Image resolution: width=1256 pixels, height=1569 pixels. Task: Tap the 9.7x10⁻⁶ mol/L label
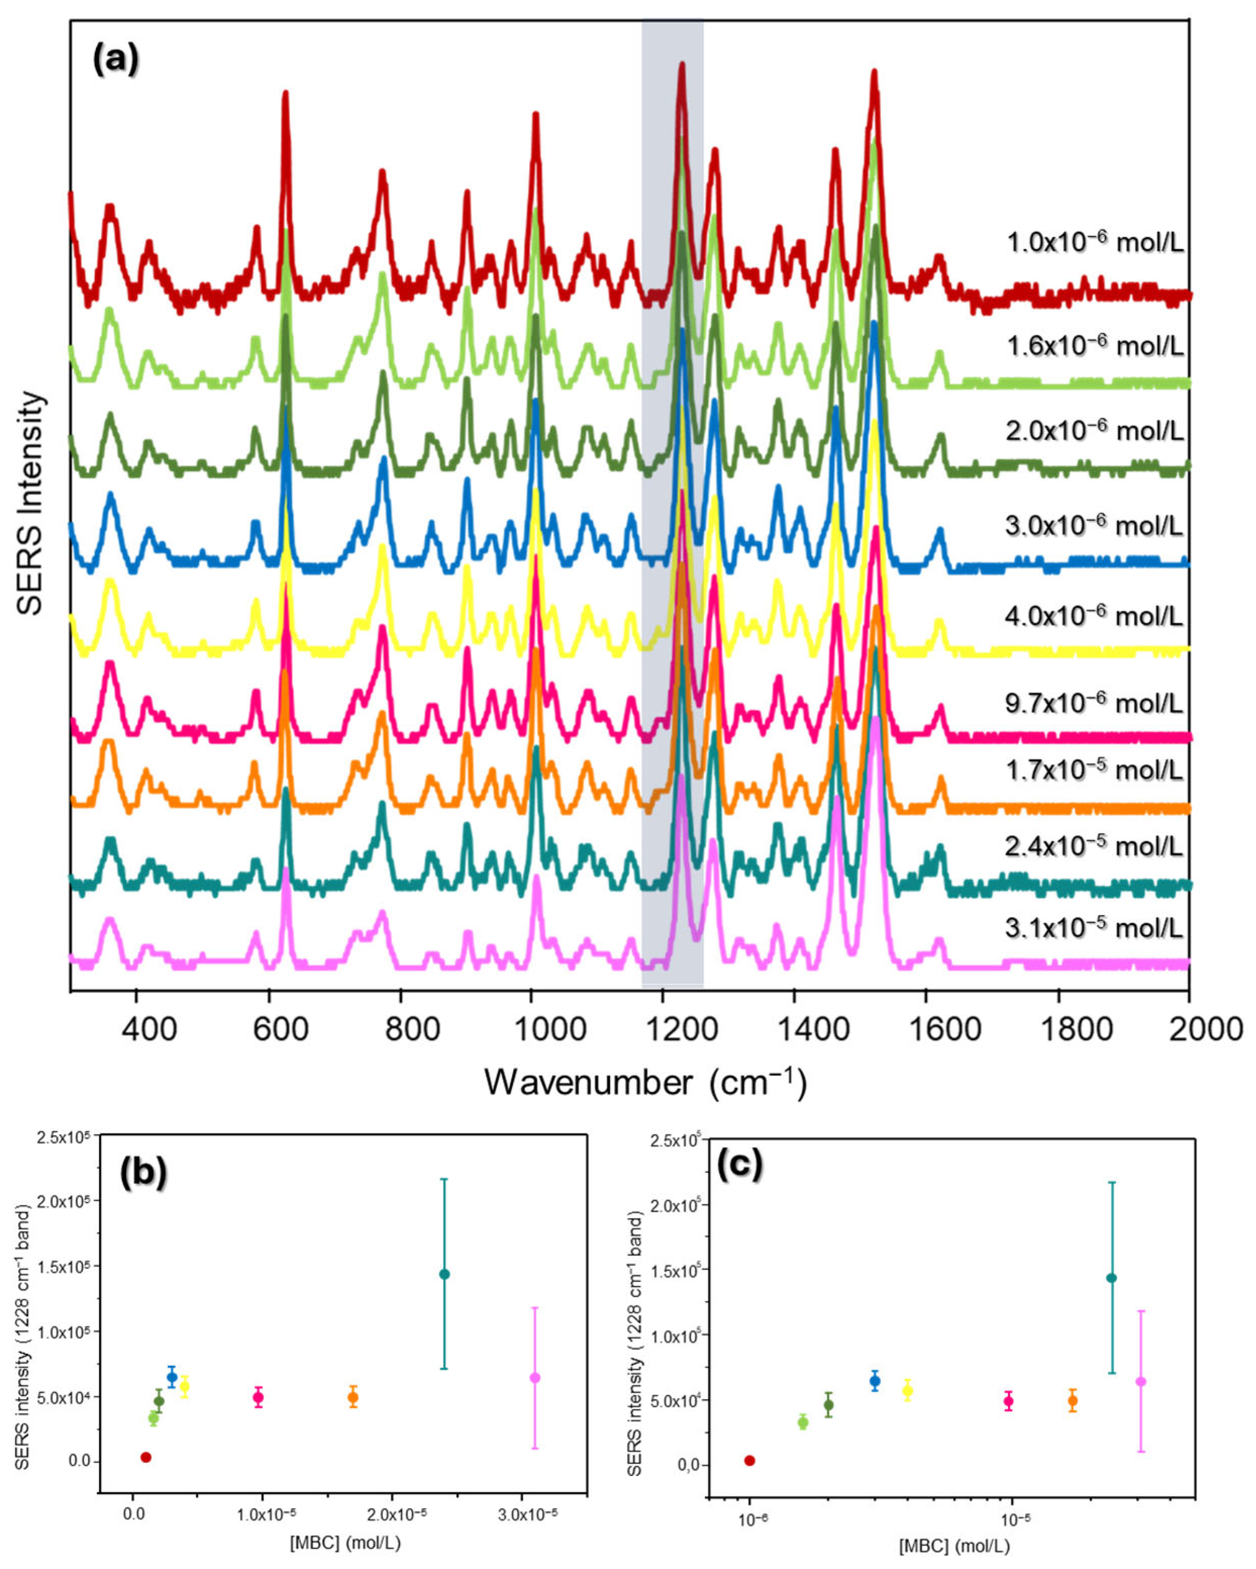(x=1094, y=703)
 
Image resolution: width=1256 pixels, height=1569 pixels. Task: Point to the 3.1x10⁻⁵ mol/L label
(x=1094, y=928)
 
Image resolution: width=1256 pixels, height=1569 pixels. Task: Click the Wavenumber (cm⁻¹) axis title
(x=646, y=1082)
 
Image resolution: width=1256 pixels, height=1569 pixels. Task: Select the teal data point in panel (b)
(x=444, y=1274)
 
